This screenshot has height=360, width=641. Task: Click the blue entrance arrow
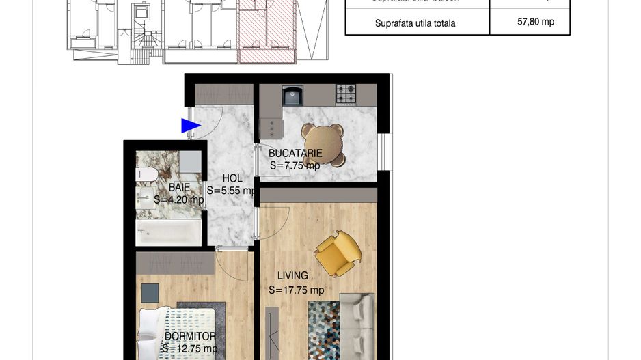190,126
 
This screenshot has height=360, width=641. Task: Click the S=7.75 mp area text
295,165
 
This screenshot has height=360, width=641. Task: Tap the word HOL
232,179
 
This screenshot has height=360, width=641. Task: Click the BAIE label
180,187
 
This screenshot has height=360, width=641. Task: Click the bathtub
169,232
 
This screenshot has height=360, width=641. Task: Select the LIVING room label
292,276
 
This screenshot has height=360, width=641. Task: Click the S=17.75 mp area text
296,290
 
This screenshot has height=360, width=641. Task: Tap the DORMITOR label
190,336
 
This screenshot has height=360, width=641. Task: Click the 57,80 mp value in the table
536,22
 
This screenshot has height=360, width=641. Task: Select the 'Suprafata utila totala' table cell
415,23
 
